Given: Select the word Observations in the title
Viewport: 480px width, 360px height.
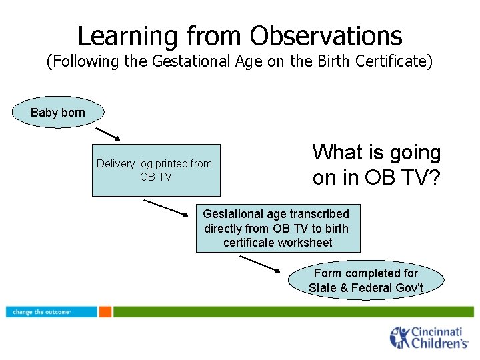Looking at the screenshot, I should pyautogui.click(x=327, y=35).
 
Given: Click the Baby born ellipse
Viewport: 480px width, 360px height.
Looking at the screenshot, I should pyautogui.click(x=58, y=113).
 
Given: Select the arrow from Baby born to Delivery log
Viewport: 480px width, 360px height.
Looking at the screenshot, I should pyautogui.click(x=107, y=134).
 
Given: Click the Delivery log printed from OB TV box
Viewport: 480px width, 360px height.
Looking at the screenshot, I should pyautogui.click(x=155, y=170).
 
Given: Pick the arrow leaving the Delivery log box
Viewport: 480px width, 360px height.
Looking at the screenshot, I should pyautogui.click(x=167, y=208).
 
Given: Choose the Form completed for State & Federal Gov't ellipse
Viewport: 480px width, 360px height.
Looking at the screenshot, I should pyautogui.click(x=366, y=280).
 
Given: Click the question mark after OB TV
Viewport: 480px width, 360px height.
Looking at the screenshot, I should pyautogui.click(x=434, y=178).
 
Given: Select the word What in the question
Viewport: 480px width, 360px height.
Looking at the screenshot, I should pyautogui.click(x=337, y=153).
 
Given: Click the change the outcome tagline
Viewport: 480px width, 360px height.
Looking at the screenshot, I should pyautogui.click(x=42, y=312).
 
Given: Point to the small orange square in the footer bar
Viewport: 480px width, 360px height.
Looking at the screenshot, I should pyautogui.click(x=105, y=311).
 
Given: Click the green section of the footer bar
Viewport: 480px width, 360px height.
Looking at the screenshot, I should pyautogui.click(x=293, y=311).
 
